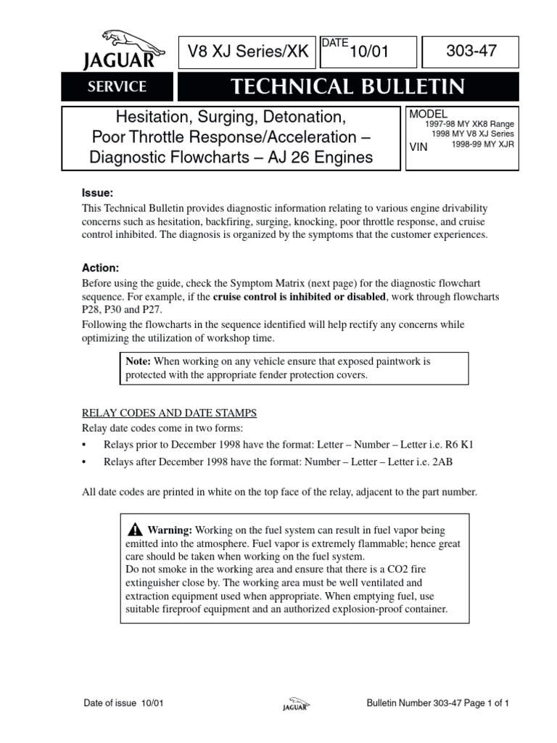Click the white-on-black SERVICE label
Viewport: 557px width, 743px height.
point(117,87)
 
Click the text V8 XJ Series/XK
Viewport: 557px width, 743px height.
point(248,52)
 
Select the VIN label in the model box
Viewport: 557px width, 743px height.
point(419,146)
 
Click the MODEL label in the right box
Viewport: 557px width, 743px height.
point(429,114)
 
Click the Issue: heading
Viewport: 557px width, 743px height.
point(96,193)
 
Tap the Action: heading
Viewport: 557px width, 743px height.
point(100,268)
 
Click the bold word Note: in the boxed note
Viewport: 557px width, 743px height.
point(138,361)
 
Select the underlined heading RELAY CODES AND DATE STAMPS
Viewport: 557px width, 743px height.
point(169,413)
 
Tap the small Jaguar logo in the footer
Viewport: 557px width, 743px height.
point(295,705)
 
